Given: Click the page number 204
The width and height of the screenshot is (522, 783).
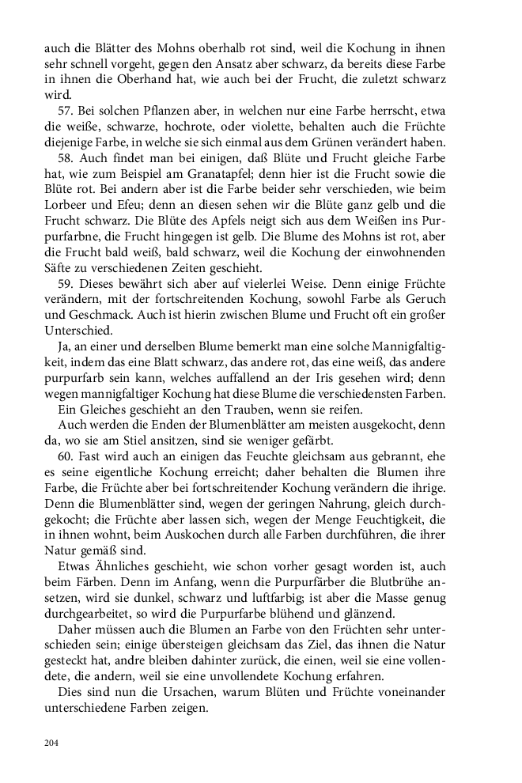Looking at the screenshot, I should point(51,743).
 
